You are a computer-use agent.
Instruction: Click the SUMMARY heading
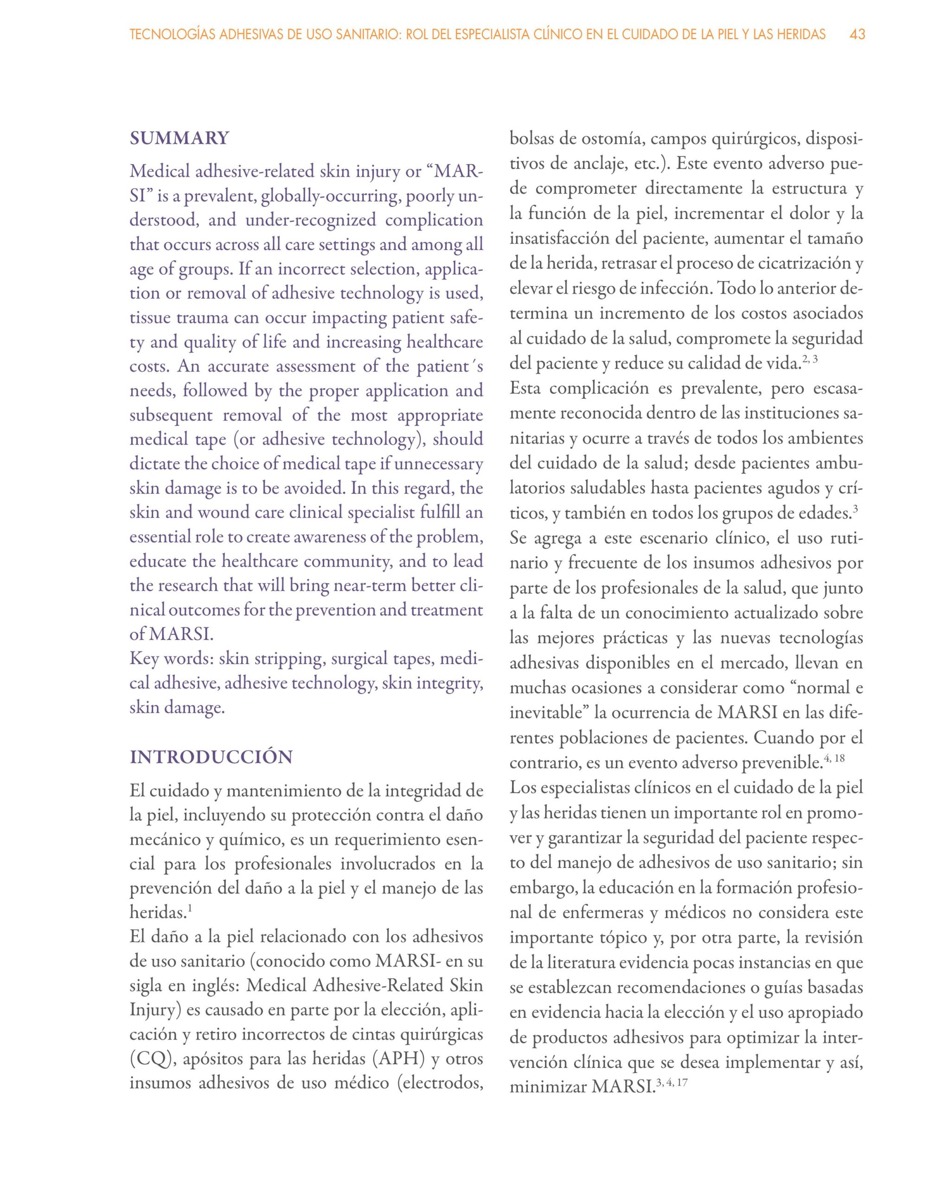coord(179,138)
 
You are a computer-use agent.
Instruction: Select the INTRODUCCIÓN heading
coord(211,757)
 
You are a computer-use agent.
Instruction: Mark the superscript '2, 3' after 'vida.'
coord(810,359)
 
